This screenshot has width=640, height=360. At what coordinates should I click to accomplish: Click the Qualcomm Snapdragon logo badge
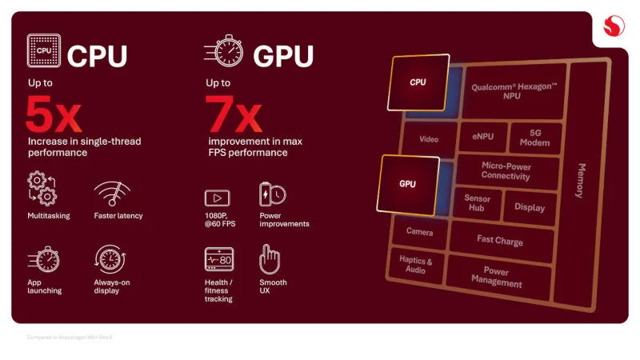pyautogui.click(x=614, y=29)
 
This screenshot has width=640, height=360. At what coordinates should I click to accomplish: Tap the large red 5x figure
pyautogui.click(x=53, y=115)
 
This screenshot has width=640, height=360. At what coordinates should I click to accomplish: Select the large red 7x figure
pyautogui.click(x=234, y=115)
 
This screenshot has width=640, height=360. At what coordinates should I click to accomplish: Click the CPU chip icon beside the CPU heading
pyautogui.click(x=44, y=51)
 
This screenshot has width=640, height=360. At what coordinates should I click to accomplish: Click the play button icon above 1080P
pyautogui.click(x=218, y=198)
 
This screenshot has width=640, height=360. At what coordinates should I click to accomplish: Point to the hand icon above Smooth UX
pyautogui.click(x=270, y=259)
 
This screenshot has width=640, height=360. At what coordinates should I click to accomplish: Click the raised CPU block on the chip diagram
pyautogui.click(x=418, y=82)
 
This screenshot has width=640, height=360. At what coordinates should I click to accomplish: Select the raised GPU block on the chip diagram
pyautogui.click(x=407, y=184)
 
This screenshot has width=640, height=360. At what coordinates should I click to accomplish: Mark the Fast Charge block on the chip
pyautogui.click(x=500, y=240)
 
